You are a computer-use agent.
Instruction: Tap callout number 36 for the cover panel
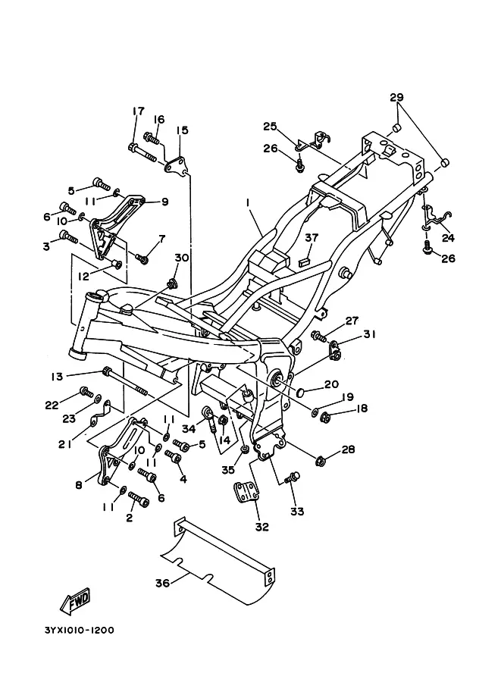tap(161, 582)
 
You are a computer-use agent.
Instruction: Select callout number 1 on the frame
tap(247, 204)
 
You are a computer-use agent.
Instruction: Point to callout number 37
tap(310, 238)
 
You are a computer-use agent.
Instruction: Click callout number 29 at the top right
tap(396, 97)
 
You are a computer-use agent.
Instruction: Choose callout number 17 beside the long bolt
tap(138, 111)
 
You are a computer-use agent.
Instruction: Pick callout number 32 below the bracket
tap(261, 526)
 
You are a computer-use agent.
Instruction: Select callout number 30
tap(181, 258)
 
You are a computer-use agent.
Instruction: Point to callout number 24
tap(448, 237)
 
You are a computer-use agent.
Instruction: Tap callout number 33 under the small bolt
tap(297, 512)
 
